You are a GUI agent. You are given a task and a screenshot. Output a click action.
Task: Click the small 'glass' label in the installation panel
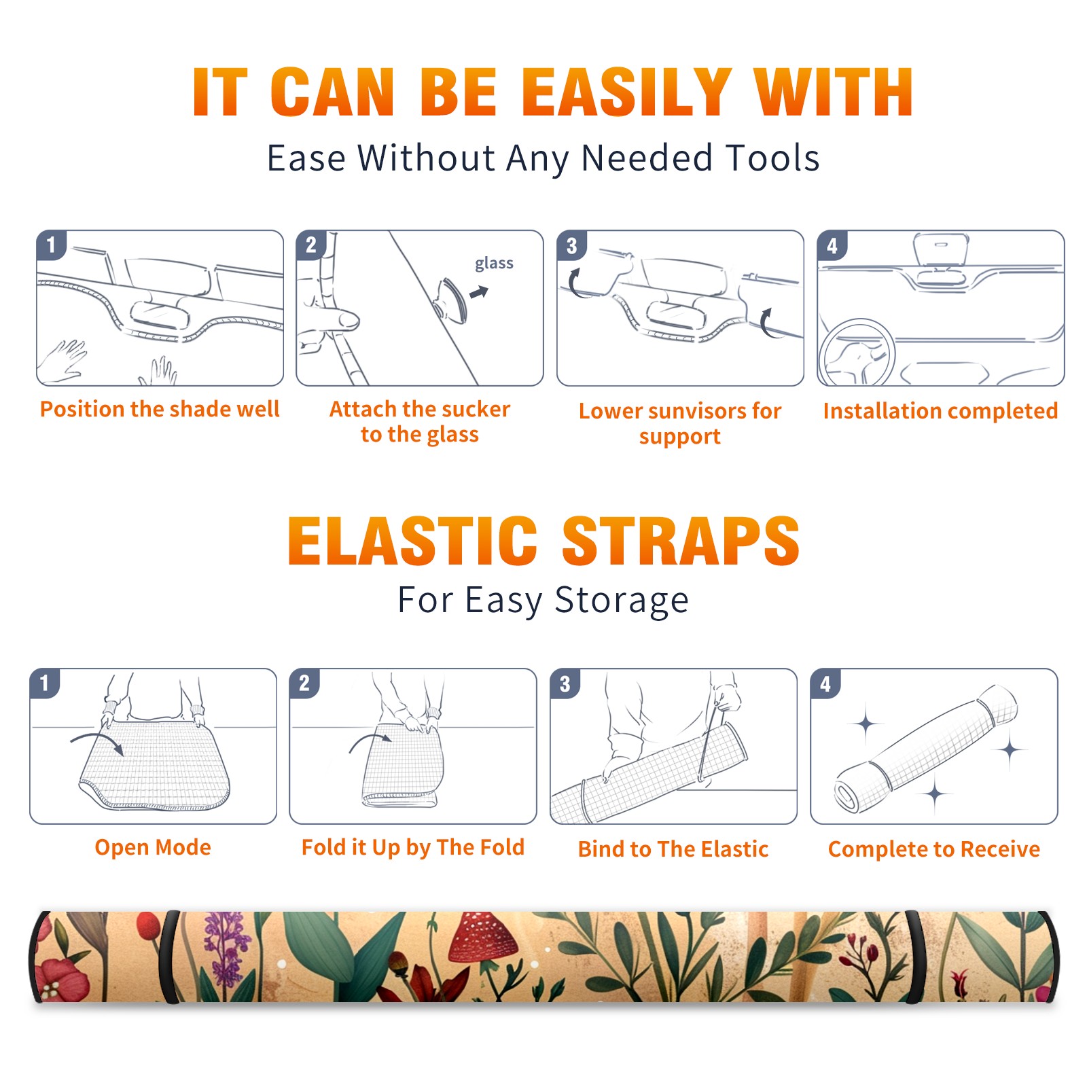click(494, 264)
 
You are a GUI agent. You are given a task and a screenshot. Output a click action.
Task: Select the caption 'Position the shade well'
click(160, 409)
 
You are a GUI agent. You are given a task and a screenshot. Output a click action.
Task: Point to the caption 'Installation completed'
click(940, 411)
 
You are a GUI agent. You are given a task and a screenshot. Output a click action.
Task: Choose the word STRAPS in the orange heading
click(681, 541)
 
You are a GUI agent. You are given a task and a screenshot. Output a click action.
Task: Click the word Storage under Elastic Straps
click(622, 601)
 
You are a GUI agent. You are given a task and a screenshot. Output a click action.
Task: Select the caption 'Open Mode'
click(153, 847)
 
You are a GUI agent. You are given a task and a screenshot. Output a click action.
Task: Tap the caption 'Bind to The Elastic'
click(673, 849)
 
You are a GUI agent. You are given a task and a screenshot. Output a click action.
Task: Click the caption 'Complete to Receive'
click(934, 849)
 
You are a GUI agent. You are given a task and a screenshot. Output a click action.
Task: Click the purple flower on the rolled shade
click(226, 949)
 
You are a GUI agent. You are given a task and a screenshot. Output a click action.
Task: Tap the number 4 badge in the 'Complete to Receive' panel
click(825, 683)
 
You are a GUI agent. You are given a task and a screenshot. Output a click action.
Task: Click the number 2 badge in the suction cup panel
click(311, 245)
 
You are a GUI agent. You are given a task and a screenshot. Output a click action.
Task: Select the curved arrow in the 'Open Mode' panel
click(97, 742)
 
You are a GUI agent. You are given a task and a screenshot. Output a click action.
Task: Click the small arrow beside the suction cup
click(479, 292)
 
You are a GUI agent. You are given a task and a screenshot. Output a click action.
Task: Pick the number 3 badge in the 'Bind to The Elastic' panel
click(565, 683)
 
